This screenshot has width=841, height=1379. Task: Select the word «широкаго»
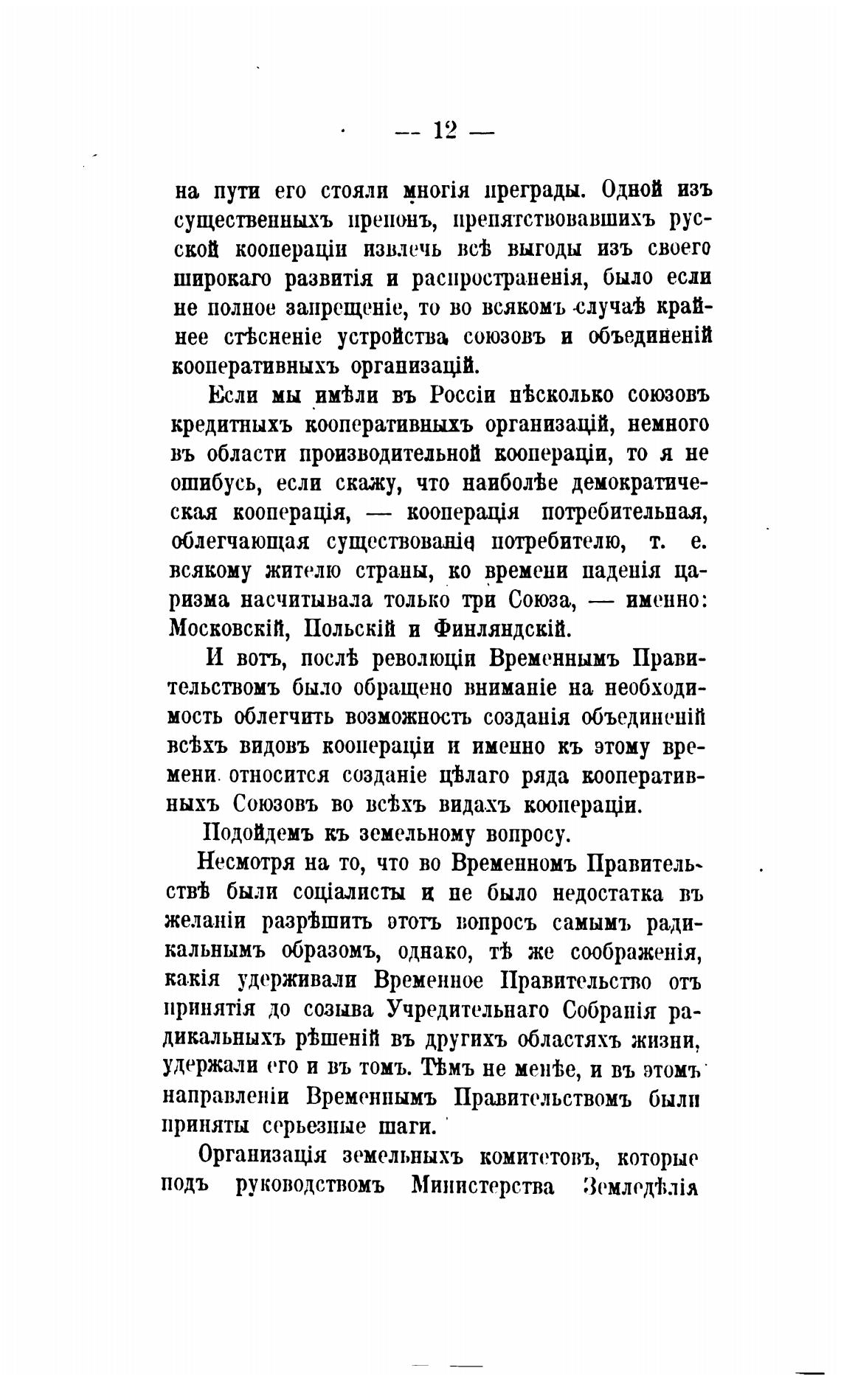pyautogui.click(x=221, y=279)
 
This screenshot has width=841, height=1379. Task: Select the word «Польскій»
pyautogui.click(x=347, y=629)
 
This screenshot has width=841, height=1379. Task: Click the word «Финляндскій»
pyautogui.click(x=502, y=629)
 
